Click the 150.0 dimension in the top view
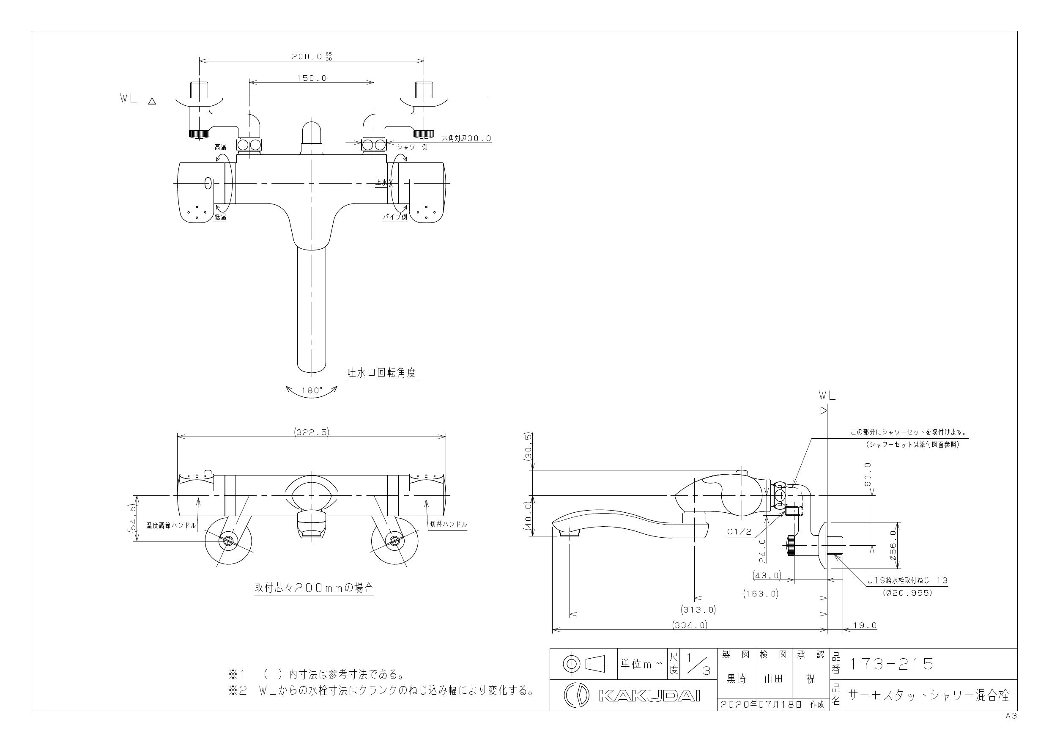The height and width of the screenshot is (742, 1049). [x=312, y=78]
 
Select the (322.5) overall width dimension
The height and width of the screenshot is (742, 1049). [x=312, y=432]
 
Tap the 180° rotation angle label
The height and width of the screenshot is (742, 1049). [x=312, y=390]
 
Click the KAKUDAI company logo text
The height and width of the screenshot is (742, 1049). [x=649, y=696]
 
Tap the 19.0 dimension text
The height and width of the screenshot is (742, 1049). [x=865, y=625]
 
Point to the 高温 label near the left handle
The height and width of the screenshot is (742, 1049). [x=221, y=148]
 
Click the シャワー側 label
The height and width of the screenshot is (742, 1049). [x=412, y=147]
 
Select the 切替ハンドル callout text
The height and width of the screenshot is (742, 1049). [x=449, y=525]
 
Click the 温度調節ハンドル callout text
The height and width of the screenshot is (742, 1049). [x=171, y=526]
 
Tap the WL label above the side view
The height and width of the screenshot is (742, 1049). [x=827, y=396]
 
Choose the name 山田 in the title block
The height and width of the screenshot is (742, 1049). [x=773, y=679]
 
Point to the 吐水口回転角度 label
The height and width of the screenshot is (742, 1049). [x=381, y=373]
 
